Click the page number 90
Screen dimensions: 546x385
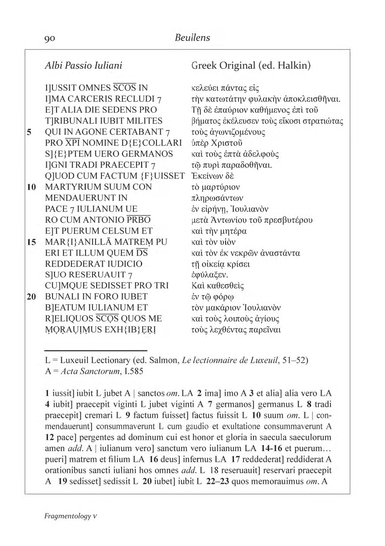49,38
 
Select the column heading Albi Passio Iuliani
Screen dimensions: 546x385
83,66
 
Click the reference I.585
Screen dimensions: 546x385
131,371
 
